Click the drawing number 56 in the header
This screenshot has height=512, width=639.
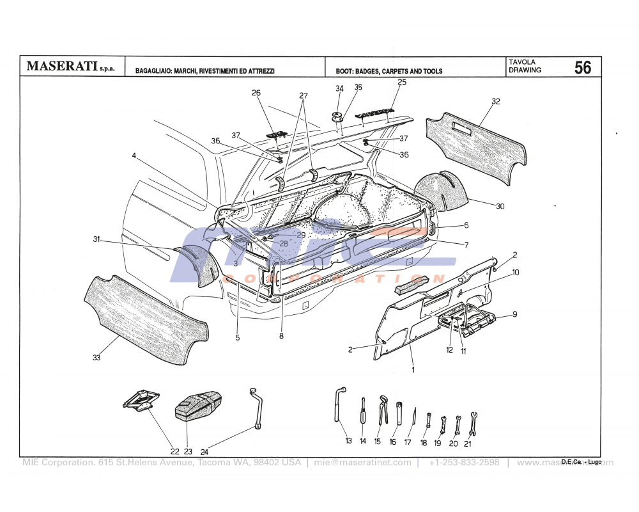582,67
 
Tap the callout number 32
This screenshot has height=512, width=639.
496,101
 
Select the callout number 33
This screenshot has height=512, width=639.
96,358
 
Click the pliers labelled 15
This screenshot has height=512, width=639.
382,409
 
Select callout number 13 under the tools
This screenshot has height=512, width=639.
348,441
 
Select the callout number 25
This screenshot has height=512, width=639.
402,82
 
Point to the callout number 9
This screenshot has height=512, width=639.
515,314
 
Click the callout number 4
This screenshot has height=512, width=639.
134,156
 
